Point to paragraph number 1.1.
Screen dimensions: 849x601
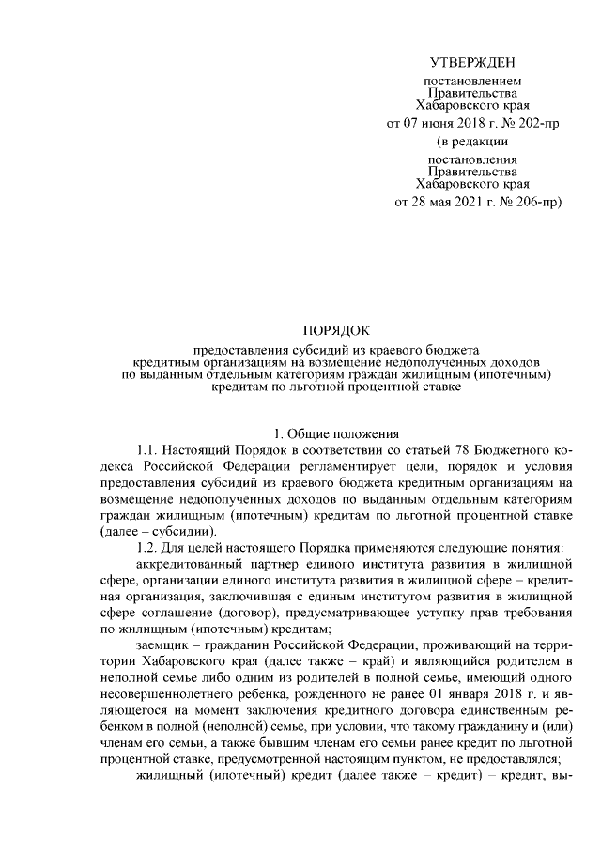(150, 449)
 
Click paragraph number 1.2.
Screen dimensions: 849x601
(150, 546)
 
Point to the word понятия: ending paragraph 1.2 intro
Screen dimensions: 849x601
(532, 546)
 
